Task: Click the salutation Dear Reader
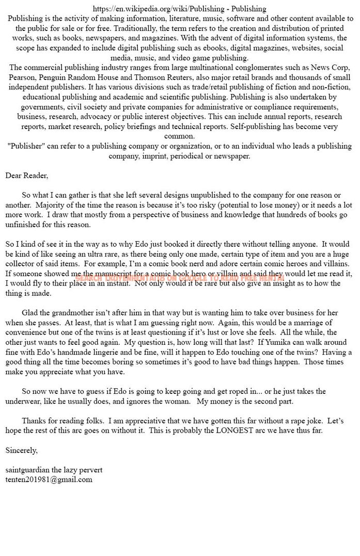pyautogui.click(x=26, y=176)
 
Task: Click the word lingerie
pyautogui.click(x=124, y=352)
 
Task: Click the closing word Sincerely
pyautogui.click(x=21, y=450)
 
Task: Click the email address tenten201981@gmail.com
pyautogui.click(x=49, y=479)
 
